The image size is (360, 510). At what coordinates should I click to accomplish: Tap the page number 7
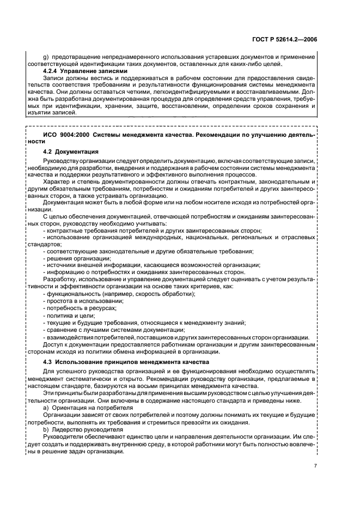[315, 466]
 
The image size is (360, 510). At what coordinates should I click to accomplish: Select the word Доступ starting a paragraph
[54, 344]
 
